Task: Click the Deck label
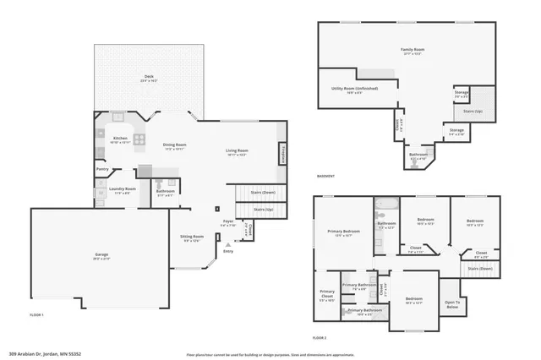pos(148,78)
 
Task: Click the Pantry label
pos(102,169)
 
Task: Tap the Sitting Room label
pos(192,237)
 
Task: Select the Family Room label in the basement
pos(413,51)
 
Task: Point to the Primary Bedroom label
pos(344,232)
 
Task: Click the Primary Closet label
pos(327,294)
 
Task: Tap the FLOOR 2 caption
pos(319,337)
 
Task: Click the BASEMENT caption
pos(325,177)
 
